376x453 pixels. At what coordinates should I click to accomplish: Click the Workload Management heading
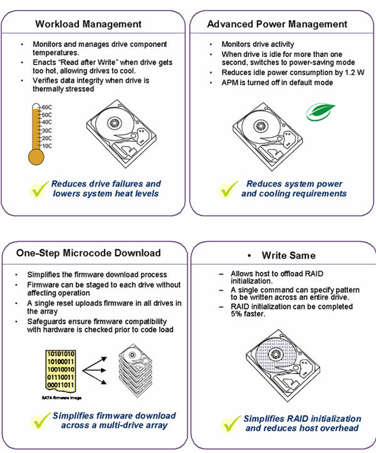click(x=88, y=24)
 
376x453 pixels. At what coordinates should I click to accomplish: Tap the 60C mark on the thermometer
click(x=47, y=107)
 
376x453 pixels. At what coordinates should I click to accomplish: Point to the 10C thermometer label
click(x=47, y=145)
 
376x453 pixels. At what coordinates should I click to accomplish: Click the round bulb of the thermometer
click(x=36, y=157)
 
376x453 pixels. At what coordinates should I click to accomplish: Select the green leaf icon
click(x=320, y=112)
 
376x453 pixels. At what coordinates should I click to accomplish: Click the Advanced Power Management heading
click(x=277, y=24)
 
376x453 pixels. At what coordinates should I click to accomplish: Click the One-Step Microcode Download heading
click(x=88, y=253)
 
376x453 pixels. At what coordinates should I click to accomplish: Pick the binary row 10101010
click(x=61, y=354)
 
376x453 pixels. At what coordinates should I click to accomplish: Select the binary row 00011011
click(x=61, y=385)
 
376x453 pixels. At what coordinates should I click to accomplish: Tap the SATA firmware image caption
click(x=61, y=398)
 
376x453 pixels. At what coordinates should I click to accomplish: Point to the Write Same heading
click(x=288, y=256)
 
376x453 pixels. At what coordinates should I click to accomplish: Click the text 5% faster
click(x=248, y=314)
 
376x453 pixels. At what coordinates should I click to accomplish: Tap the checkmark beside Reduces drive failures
click(x=38, y=189)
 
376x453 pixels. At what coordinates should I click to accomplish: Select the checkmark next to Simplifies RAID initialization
click(x=230, y=424)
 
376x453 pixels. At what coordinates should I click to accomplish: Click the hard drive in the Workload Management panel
click(x=121, y=133)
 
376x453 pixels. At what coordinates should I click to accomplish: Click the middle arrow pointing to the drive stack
click(x=94, y=370)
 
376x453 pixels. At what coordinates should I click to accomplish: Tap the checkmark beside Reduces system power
click(x=227, y=189)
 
